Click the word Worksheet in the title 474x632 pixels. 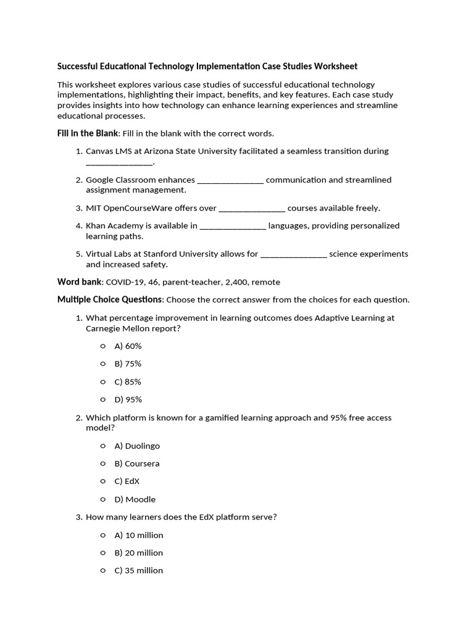336,66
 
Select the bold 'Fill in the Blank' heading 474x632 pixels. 85,133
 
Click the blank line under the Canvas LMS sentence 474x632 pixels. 118,162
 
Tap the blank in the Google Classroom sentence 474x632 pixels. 230,180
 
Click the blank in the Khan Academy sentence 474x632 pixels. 233,227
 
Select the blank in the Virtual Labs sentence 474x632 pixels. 294,254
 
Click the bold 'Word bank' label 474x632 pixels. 80,282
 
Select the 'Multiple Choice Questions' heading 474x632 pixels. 110,300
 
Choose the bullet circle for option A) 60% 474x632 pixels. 102,346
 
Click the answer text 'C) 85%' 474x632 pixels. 128,382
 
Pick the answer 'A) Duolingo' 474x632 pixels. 137,446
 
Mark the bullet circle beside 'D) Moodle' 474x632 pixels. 102,499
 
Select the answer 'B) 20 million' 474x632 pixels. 139,553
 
